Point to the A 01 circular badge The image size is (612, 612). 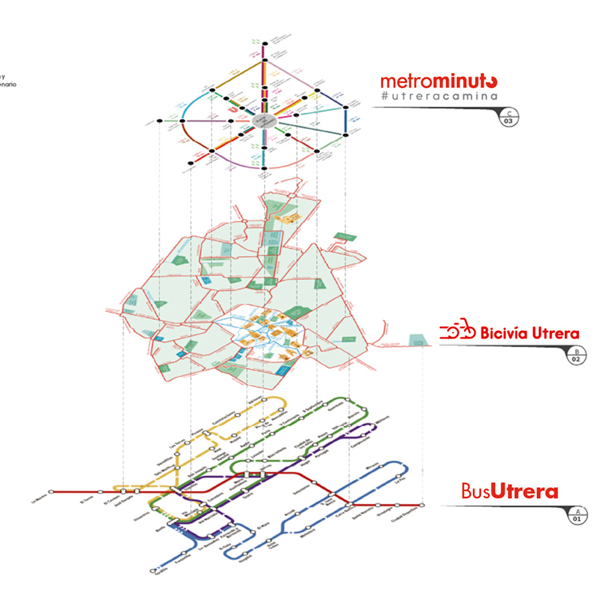click(x=577, y=515)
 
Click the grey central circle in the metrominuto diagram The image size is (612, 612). click(x=263, y=121)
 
